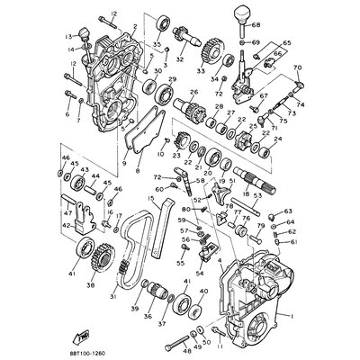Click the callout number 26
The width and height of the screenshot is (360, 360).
click(x=193, y=92)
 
